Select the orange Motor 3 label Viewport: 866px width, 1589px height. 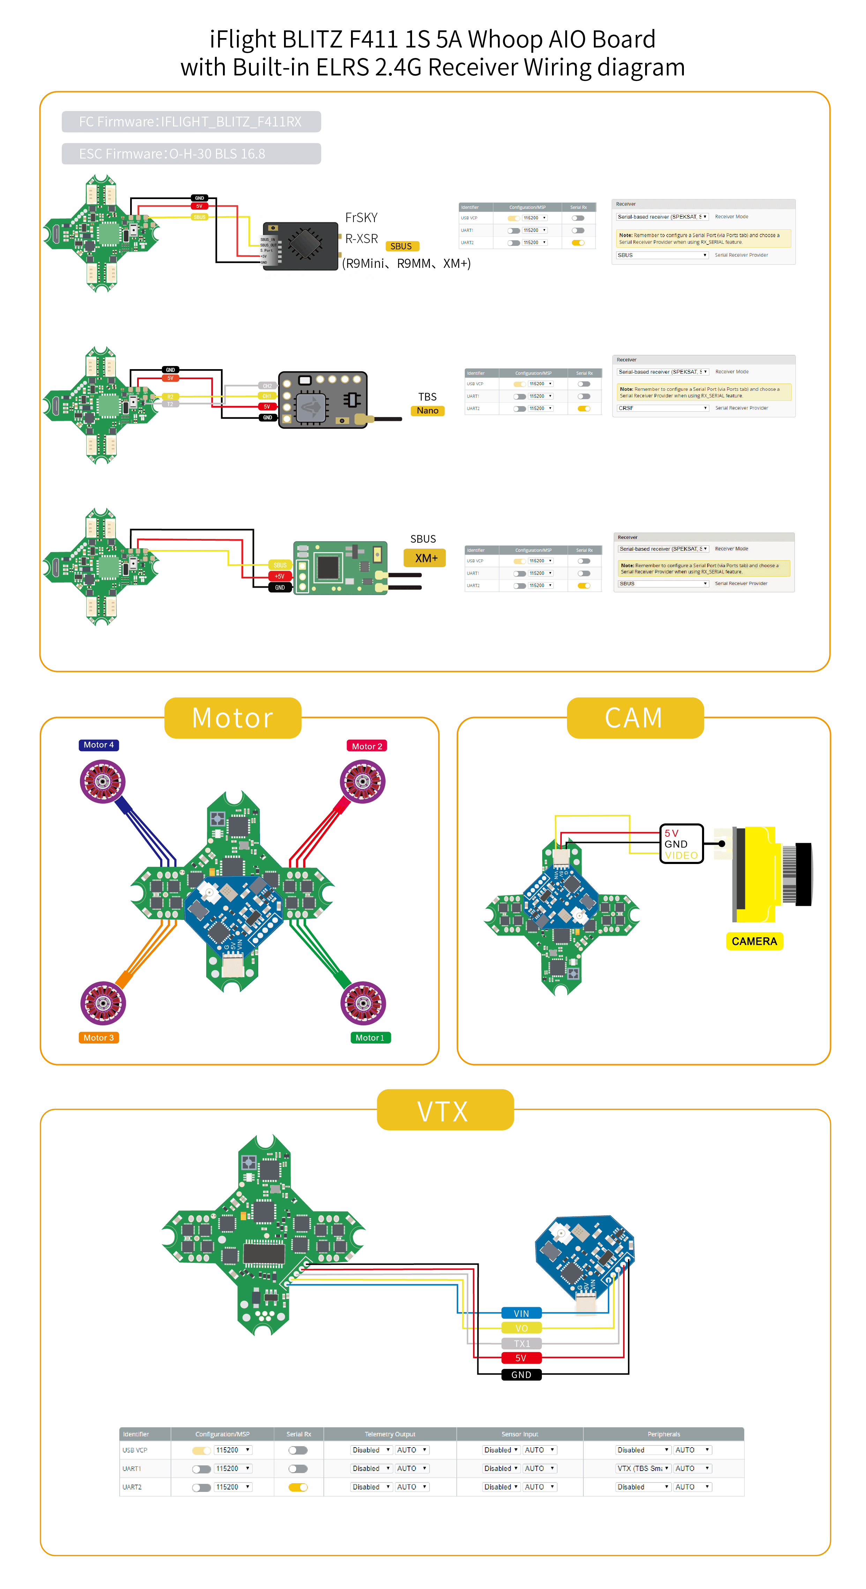[x=99, y=1038]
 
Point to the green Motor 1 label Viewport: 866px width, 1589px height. [x=370, y=1038]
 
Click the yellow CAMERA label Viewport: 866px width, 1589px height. [x=754, y=941]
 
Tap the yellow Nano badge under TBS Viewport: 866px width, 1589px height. [x=427, y=411]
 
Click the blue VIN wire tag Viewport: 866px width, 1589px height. [x=521, y=1313]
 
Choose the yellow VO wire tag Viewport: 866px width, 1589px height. [x=521, y=1328]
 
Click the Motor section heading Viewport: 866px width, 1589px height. [x=232, y=718]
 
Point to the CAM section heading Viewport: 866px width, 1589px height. [x=634, y=718]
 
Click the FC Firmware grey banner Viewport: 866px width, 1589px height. [x=191, y=122]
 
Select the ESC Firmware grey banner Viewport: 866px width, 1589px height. [x=191, y=154]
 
